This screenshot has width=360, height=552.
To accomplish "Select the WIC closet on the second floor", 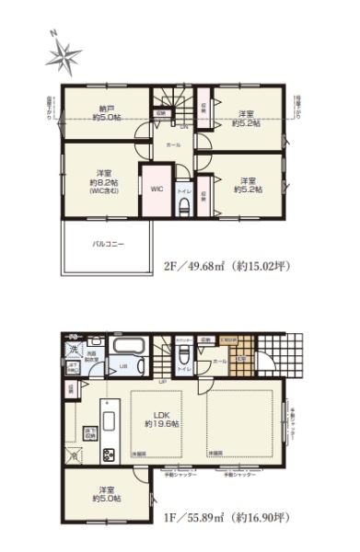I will coord(157,187).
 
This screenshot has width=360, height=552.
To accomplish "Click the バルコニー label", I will coord(108,244).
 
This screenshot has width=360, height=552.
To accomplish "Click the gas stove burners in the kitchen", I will coord(108,454).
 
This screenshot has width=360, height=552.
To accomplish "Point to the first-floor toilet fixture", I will coord(185,357).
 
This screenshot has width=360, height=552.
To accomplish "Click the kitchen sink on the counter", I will coord(108,423).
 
